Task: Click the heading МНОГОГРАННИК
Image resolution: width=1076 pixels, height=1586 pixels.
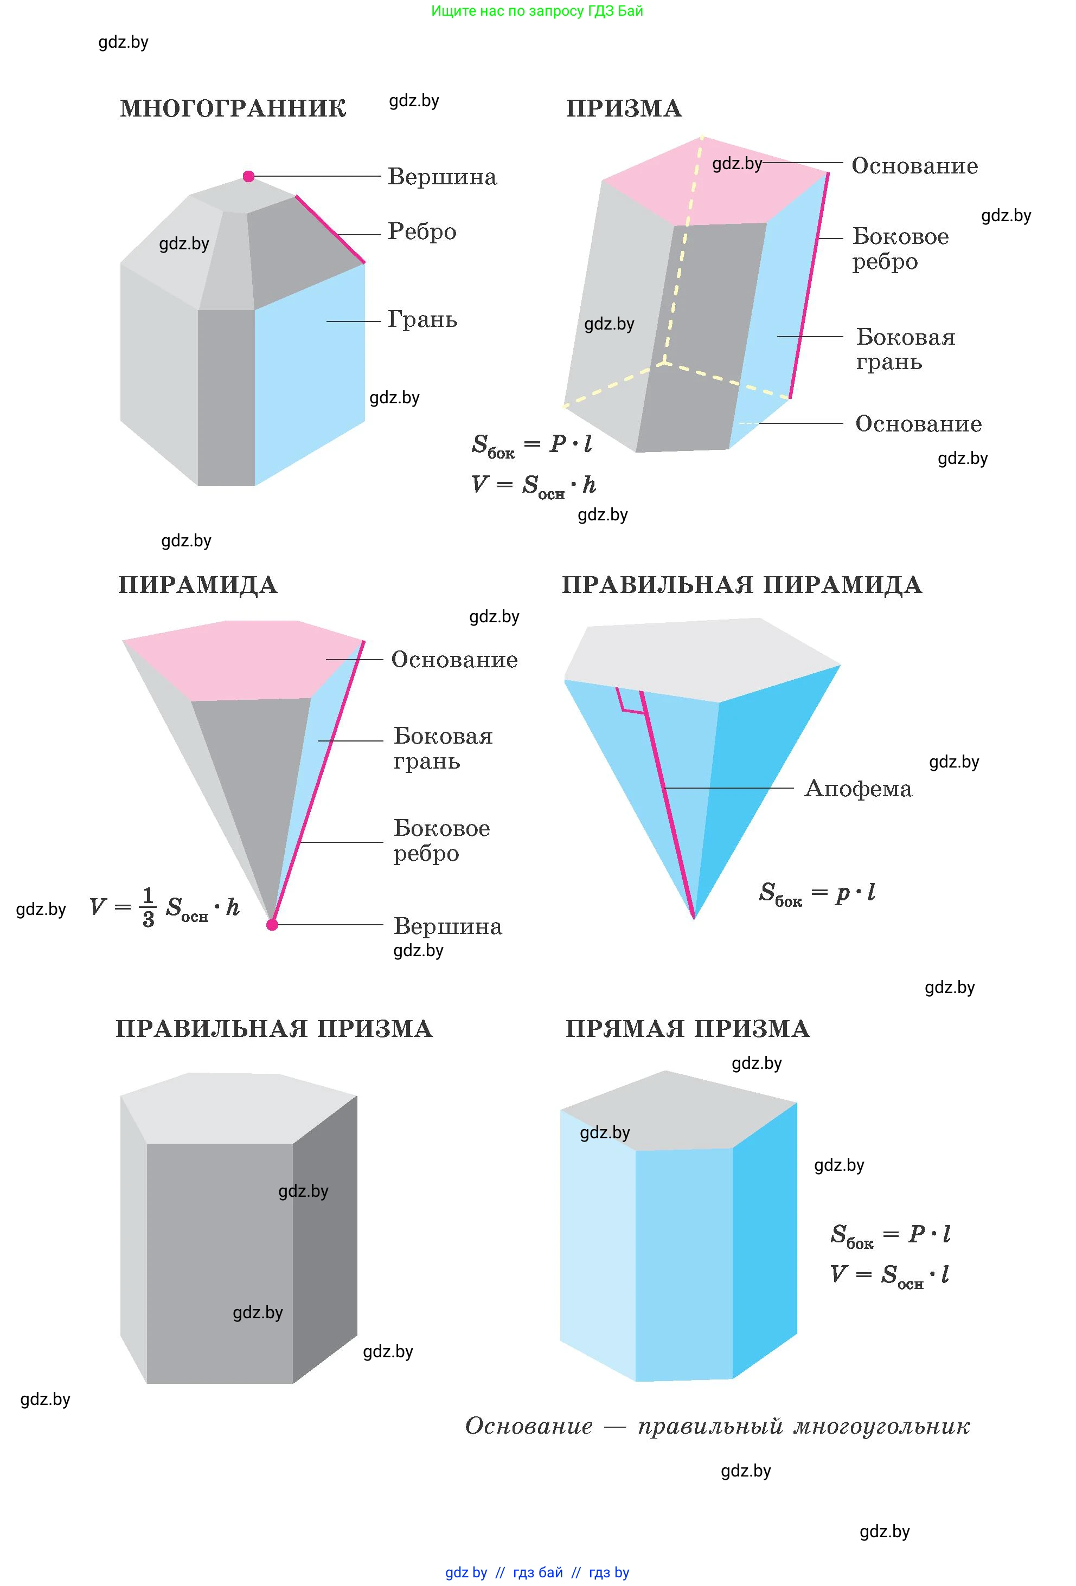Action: [233, 108]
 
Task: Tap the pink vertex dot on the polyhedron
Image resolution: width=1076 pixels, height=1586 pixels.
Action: [248, 177]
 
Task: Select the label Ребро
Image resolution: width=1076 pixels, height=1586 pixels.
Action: [421, 232]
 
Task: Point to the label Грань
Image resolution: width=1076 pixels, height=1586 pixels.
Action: [422, 319]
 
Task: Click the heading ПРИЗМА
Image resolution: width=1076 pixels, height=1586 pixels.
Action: [623, 108]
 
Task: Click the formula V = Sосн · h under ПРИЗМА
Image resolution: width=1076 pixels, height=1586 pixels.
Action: [533, 485]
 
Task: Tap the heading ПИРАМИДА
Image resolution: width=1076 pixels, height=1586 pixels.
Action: [197, 585]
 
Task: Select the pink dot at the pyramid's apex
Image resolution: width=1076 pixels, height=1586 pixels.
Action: [272, 925]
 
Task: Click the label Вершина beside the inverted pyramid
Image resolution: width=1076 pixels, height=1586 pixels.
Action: [447, 926]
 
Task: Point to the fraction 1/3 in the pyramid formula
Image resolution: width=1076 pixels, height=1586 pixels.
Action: [148, 907]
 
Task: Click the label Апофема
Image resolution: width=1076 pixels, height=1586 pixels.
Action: [857, 789]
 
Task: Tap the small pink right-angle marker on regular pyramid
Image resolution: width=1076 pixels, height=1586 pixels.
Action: [631, 702]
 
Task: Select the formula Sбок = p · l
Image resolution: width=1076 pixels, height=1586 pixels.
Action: [817, 893]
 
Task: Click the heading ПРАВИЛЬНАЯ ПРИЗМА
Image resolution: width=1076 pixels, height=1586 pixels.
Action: [273, 1028]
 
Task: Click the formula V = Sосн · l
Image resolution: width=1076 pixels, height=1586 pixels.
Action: [889, 1275]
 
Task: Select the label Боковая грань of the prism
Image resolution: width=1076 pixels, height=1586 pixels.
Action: [905, 349]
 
